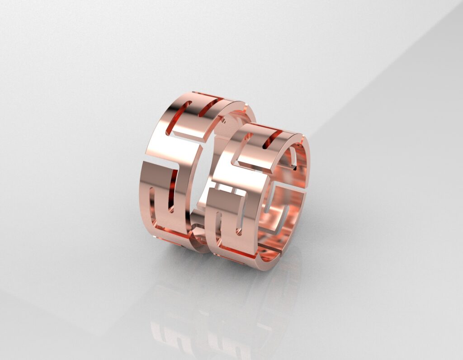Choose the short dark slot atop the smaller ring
(x=271, y=137)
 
